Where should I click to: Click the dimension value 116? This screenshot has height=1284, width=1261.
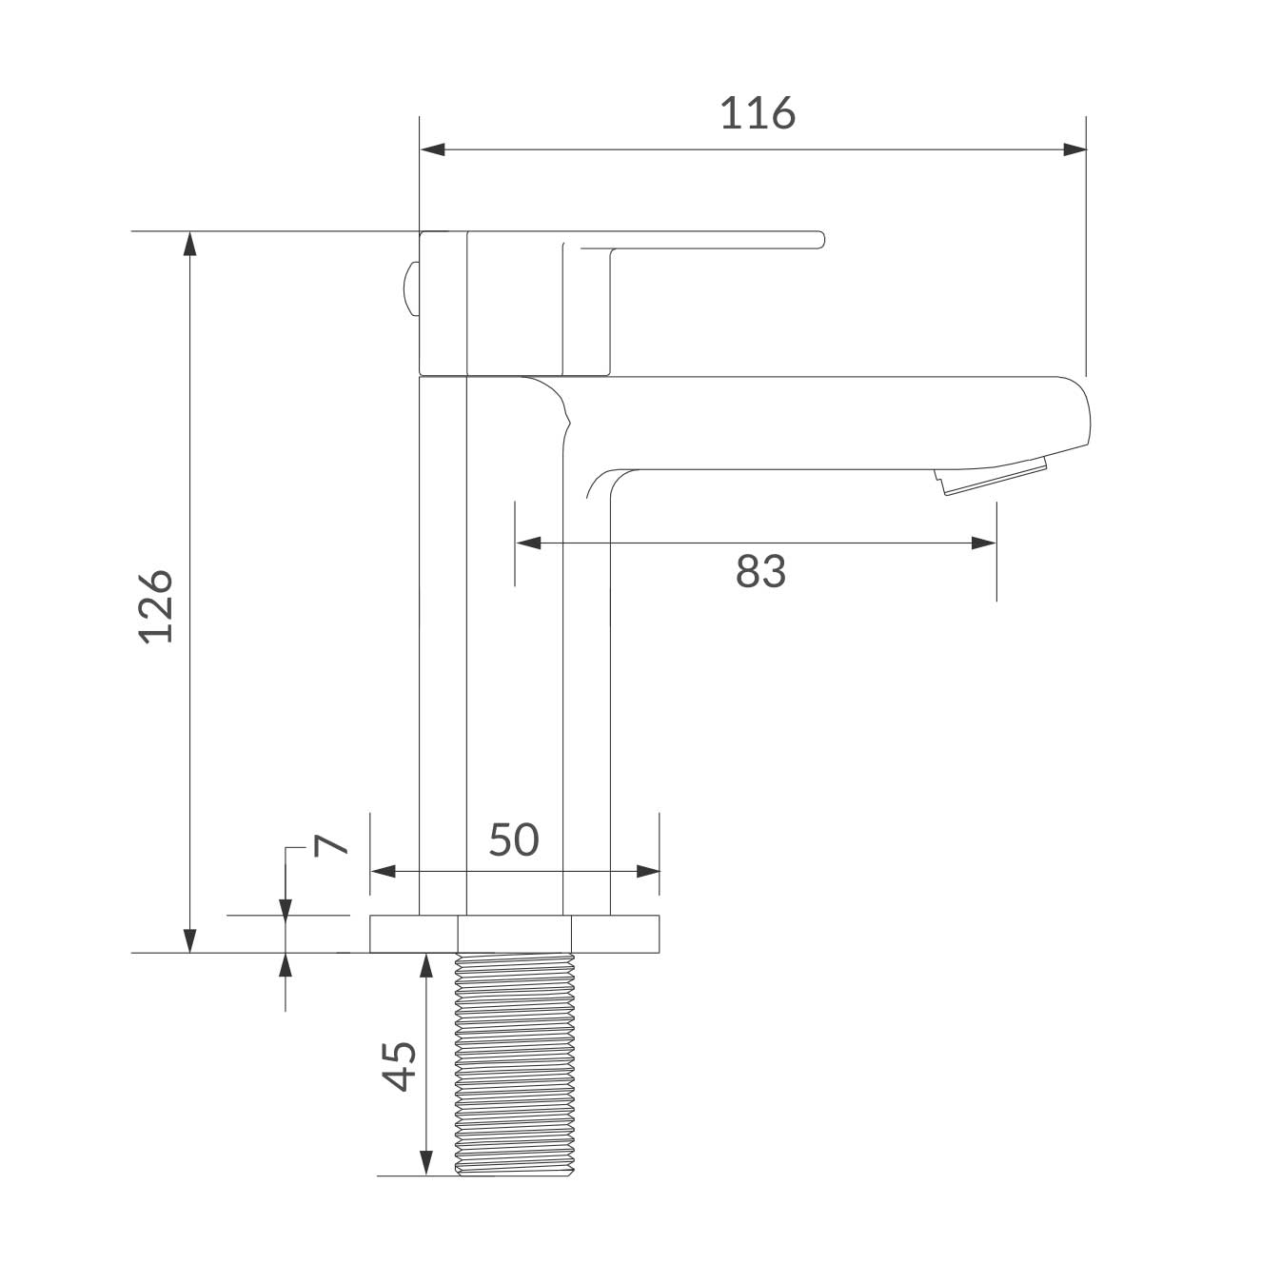(758, 112)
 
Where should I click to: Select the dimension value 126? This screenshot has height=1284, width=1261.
(156, 606)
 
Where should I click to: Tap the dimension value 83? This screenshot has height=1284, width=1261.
(760, 571)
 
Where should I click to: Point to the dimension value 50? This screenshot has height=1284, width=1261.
(514, 840)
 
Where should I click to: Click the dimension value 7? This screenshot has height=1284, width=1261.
(330, 845)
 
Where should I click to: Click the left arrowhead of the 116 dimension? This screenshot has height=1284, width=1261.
(433, 149)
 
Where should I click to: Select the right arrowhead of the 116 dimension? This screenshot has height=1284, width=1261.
(1074, 149)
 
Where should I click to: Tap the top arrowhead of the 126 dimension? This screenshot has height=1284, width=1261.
(190, 244)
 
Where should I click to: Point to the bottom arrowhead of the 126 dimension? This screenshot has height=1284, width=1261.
(190, 940)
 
